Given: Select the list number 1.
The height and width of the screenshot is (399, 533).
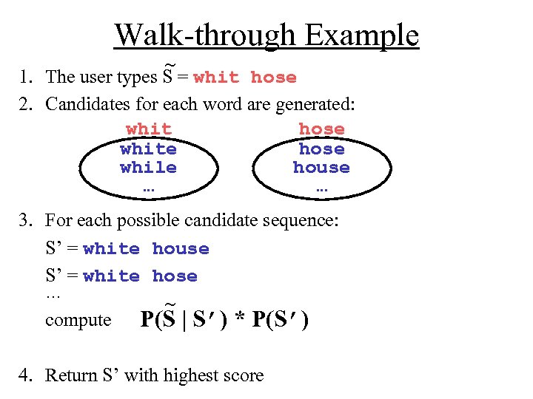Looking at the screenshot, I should point(26,77).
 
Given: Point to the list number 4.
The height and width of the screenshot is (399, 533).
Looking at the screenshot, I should point(26,375).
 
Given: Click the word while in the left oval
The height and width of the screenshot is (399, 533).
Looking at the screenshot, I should point(148,168).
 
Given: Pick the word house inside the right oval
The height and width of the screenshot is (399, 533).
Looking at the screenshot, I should point(321,168).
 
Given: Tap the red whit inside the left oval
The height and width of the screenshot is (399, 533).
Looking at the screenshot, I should point(148,129).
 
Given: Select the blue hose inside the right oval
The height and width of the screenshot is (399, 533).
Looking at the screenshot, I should point(321,149).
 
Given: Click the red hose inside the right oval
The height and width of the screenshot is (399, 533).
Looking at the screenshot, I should point(321,129).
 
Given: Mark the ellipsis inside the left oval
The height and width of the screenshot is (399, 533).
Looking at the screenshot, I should point(148,188).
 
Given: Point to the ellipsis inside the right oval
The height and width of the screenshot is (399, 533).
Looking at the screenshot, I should point(321,188).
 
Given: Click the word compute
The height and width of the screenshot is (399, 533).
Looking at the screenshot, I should point(78,320).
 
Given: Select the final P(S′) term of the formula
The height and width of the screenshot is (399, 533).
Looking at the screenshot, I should point(281,319).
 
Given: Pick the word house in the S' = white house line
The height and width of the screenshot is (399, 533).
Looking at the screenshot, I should point(181,249).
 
